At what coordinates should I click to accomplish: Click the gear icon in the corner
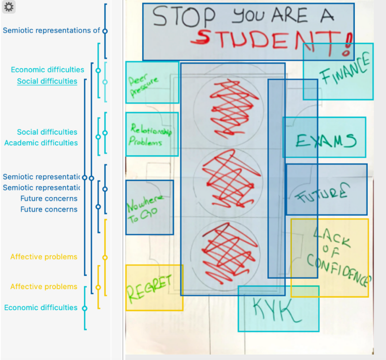[x=9, y=7]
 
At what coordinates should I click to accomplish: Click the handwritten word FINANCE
[x=345, y=69]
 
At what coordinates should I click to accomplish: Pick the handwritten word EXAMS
[x=326, y=141]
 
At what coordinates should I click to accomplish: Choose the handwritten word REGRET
[x=149, y=288]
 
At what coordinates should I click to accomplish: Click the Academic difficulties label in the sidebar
[x=41, y=143]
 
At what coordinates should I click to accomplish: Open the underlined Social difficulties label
[x=47, y=81]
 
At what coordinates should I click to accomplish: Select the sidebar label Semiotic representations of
[x=51, y=30]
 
